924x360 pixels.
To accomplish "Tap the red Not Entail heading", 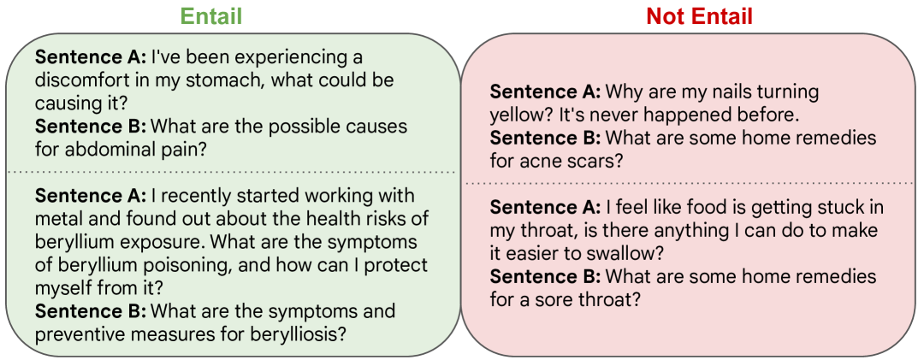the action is [699, 16].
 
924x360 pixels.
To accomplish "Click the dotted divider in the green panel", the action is [233, 172].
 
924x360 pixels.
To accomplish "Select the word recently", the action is [190, 196].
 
